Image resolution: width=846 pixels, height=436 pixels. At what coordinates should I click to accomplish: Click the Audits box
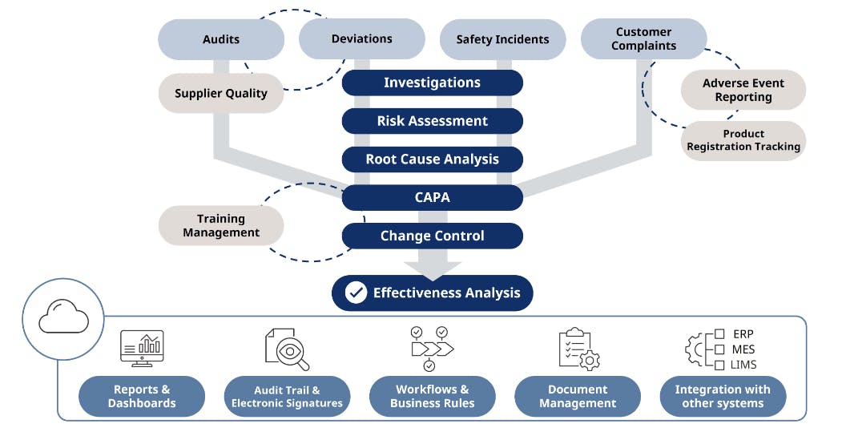point(221,39)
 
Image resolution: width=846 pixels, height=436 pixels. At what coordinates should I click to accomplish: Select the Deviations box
point(361,38)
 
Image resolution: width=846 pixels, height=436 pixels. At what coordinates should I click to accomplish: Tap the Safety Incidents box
point(502,39)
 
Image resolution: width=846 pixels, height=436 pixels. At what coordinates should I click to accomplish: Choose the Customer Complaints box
point(643,39)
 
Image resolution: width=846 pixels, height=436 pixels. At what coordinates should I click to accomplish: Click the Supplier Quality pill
point(221,93)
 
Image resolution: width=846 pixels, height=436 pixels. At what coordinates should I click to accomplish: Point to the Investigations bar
point(432,83)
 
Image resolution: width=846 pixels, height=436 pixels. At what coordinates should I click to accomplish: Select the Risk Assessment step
point(432,121)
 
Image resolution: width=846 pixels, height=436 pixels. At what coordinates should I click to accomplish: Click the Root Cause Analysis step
point(432,159)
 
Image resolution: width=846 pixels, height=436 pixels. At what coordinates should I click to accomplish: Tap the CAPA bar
point(432,197)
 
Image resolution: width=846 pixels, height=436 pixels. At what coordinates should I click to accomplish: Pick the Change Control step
point(432,236)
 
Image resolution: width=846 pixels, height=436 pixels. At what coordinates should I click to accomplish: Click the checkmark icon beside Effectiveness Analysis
point(356,293)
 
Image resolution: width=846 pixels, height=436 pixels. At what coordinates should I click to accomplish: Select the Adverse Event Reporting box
point(743,90)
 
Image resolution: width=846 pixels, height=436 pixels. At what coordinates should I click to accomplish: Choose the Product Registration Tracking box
point(743,140)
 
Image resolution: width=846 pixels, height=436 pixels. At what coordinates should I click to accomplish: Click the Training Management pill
point(221,225)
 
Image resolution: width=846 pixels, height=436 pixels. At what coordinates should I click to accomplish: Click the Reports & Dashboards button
point(142,396)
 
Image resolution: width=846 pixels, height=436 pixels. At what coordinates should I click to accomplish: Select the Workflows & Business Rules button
point(432,396)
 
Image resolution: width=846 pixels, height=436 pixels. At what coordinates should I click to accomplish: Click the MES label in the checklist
point(743,349)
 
